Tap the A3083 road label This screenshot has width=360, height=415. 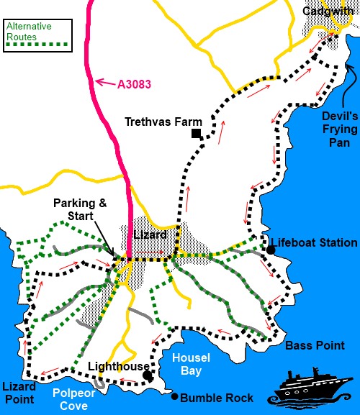(x=134, y=84)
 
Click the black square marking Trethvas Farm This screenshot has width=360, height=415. (x=195, y=134)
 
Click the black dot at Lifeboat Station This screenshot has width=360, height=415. (x=271, y=250)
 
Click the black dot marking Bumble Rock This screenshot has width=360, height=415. (x=175, y=396)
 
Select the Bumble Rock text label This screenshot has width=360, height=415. (x=217, y=398)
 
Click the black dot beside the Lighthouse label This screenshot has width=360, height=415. (x=147, y=375)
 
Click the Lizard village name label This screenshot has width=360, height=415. (x=151, y=235)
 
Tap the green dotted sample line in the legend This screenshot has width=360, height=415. (x=37, y=45)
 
